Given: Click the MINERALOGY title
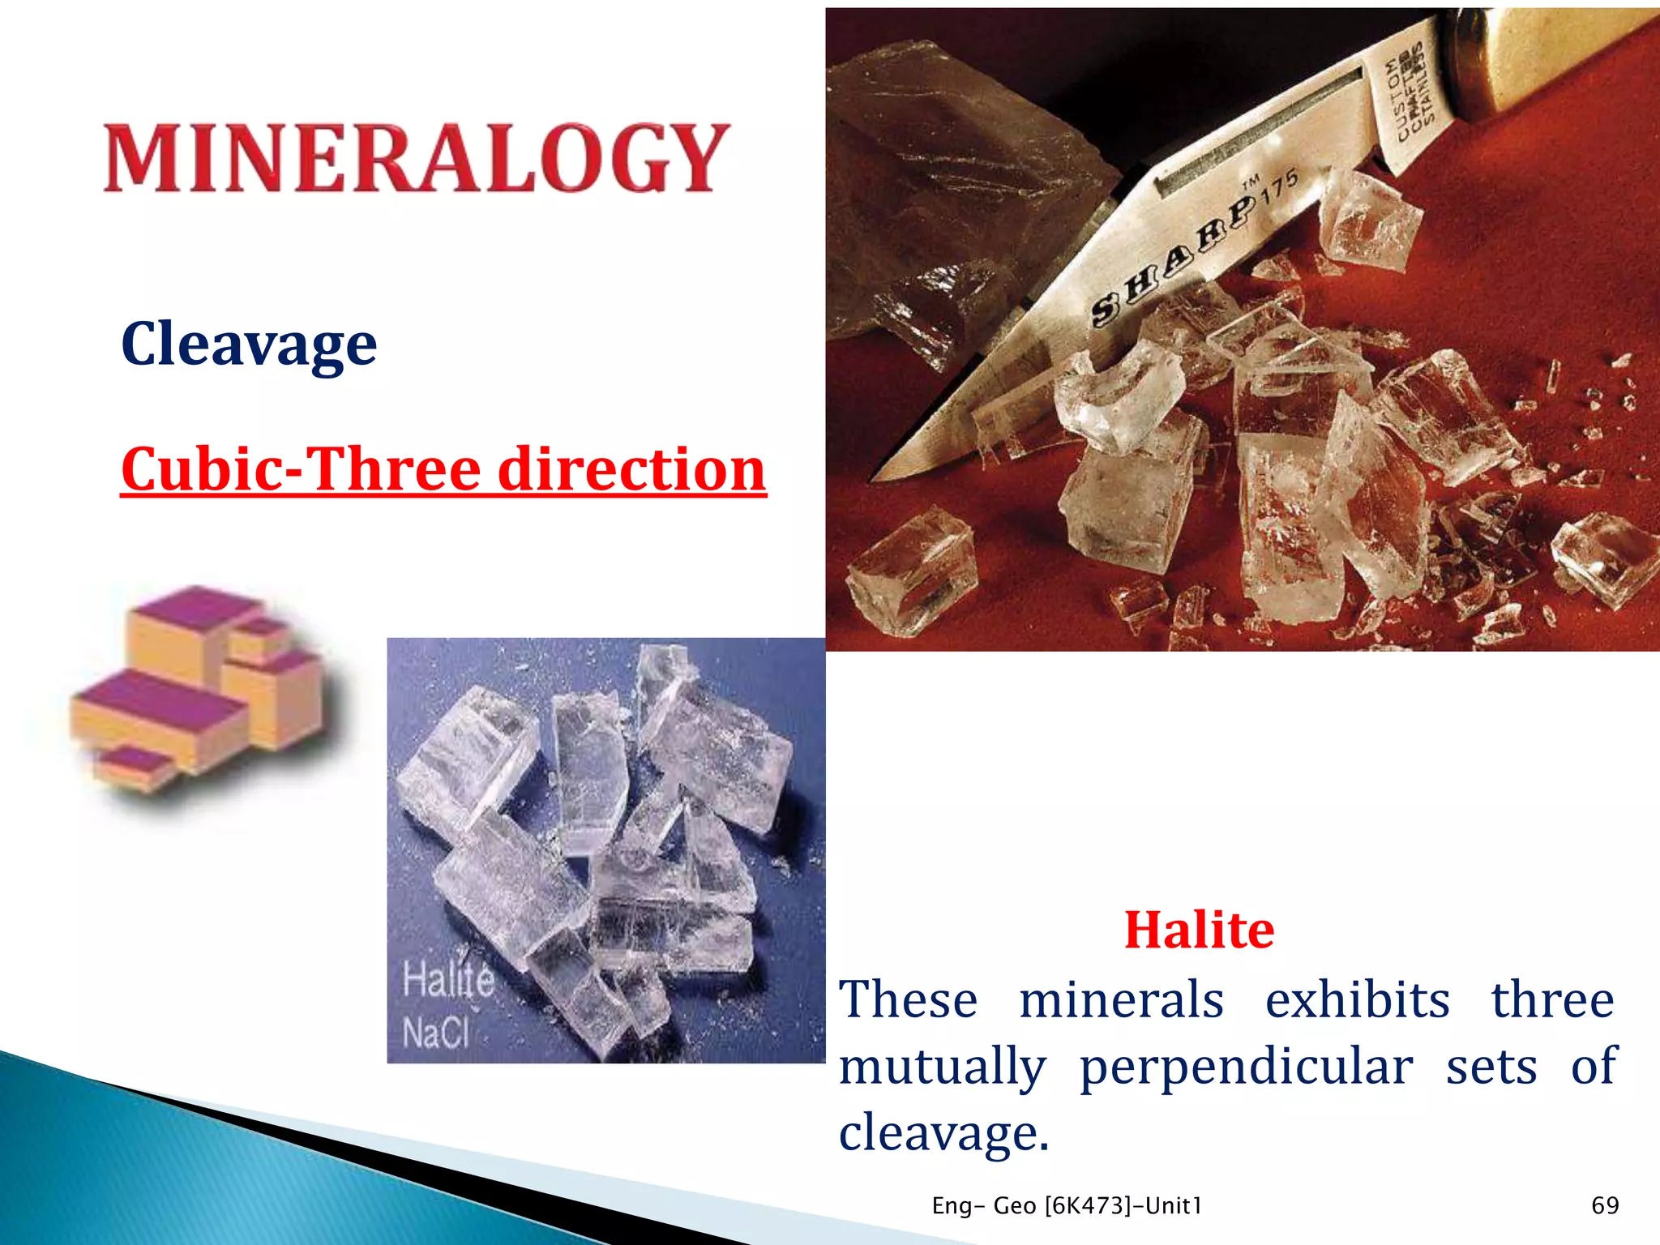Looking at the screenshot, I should pyautogui.click(x=417, y=158).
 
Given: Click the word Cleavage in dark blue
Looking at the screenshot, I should pyautogui.click(x=249, y=344).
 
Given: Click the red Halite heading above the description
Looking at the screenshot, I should pyautogui.click(x=1199, y=930).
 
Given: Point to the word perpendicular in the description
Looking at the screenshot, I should pyautogui.click(x=1246, y=1067).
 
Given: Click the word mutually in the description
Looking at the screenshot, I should pyautogui.click(x=942, y=1067).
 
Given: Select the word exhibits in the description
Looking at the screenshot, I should pyautogui.click(x=1357, y=999).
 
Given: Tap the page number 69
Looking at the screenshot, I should pyautogui.click(x=1605, y=1205).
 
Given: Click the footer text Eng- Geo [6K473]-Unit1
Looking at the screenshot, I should pyautogui.click(x=1067, y=1206).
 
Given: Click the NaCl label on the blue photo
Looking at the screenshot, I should pyautogui.click(x=436, y=1033).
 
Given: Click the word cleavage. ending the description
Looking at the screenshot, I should pyautogui.click(x=943, y=1133).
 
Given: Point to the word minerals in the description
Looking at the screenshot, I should pyautogui.click(x=1121, y=999).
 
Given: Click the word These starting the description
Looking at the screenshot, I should pyautogui.click(x=908, y=999).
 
